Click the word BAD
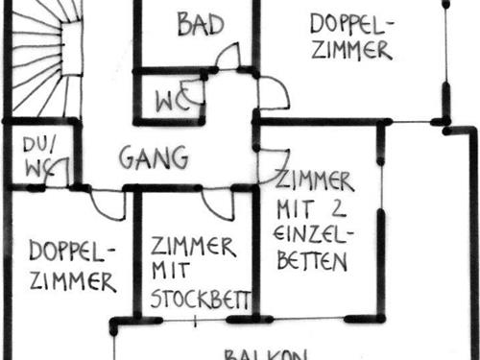(x=200, y=24)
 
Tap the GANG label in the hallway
(x=154, y=156)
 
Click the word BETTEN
(x=314, y=261)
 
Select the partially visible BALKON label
(x=265, y=353)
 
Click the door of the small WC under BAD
(x=195, y=92)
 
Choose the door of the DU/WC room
(x=60, y=174)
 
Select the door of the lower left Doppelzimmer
(x=108, y=204)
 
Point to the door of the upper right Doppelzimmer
(x=272, y=93)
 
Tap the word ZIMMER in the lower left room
(x=73, y=281)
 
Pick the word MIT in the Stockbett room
(x=168, y=271)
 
